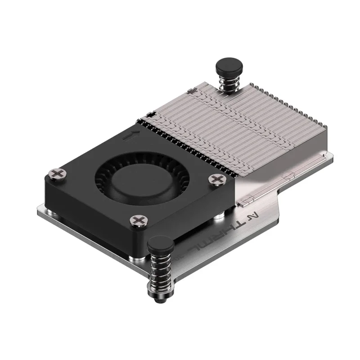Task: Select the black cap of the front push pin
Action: pos(161,245)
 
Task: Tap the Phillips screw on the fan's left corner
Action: pos(57,173)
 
